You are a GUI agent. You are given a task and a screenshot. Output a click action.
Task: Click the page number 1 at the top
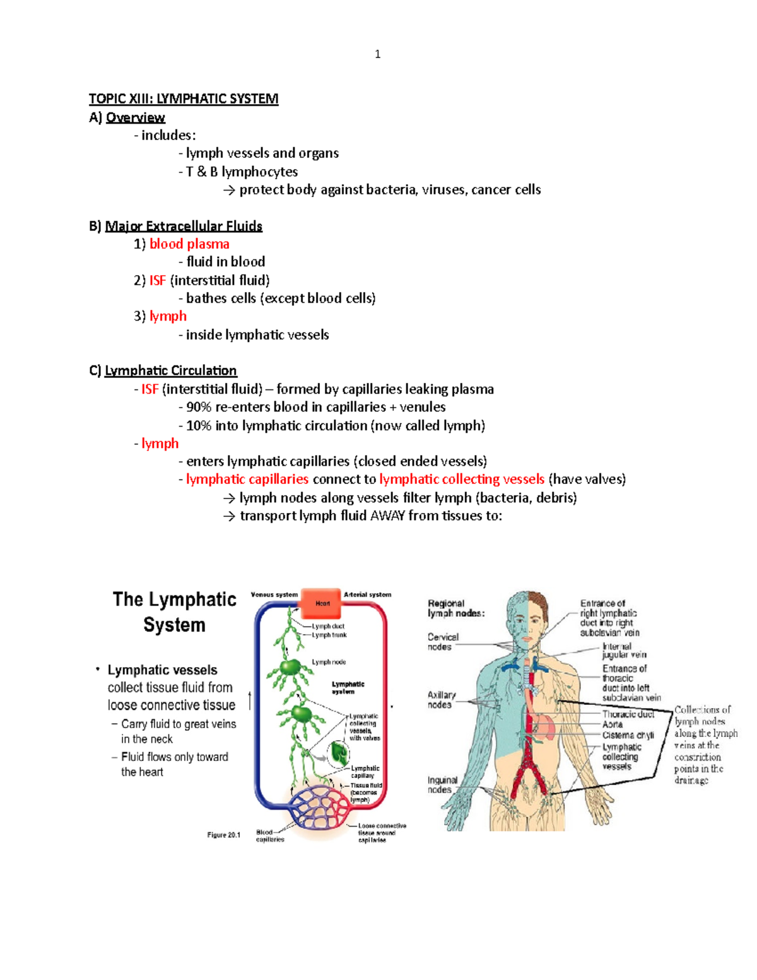pyautogui.click(x=377, y=54)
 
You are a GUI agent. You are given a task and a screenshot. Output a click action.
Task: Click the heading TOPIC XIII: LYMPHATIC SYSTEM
pyautogui.click(x=183, y=99)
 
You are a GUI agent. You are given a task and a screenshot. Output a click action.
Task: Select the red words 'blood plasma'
pyautogui.click(x=189, y=244)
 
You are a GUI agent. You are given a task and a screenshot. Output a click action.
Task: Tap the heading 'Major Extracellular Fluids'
pyautogui.click(x=184, y=226)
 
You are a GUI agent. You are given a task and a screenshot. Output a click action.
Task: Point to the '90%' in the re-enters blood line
pyautogui.click(x=199, y=407)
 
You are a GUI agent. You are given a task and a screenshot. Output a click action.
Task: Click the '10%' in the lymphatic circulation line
pyautogui.click(x=199, y=426)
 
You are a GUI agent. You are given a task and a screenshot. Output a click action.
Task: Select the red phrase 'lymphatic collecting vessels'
pyautogui.click(x=462, y=480)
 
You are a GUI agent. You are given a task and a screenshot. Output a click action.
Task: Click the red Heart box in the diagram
pyautogui.click(x=322, y=603)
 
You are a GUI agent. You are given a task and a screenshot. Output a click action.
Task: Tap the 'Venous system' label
pyautogui.click(x=274, y=594)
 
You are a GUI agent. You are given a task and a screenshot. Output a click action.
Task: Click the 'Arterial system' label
pyautogui.click(x=367, y=594)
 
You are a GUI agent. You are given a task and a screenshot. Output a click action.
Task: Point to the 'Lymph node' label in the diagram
pyautogui.click(x=329, y=662)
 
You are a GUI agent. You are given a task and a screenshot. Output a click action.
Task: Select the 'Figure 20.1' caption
pyautogui.click(x=224, y=835)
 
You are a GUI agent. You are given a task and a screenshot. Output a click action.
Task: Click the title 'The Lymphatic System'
pyautogui.click(x=174, y=611)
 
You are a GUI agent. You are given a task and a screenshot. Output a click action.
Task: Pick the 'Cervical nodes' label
pyautogui.click(x=443, y=642)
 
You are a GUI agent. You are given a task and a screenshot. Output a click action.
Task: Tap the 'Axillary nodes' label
pyautogui.click(x=441, y=699)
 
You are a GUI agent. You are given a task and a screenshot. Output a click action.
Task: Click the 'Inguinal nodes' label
pyautogui.click(x=442, y=784)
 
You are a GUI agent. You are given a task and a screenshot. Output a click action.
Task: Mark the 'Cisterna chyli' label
pyautogui.click(x=628, y=735)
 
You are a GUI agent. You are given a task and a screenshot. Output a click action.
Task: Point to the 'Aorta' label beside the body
pyautogui.click(x=613, y=724)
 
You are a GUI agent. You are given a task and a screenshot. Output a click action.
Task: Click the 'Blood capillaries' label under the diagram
pyautogui.click(x=270, y=835)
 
